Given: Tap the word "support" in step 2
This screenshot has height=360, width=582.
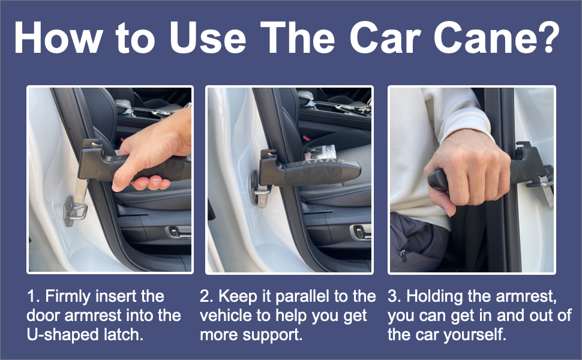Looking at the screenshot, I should point(272,334).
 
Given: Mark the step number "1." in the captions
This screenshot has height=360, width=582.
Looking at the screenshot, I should point(33,296).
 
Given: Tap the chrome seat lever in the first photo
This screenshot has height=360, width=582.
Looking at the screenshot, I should point(178,230).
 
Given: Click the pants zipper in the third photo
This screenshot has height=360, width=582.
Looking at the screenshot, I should point(403,255).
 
